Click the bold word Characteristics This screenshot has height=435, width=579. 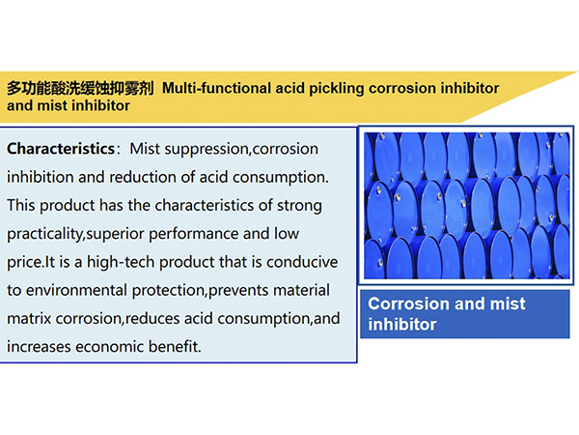pyautogui.click(x=61, y=149)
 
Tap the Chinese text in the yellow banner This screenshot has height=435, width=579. pyautogui.click(x=80, y=88)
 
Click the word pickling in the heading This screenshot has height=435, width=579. pyautogui.click(x=337, y=89)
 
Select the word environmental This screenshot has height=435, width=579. pyautogui.click(x=76, y=290)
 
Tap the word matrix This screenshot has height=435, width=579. pyautogui.click(x=29, y=319)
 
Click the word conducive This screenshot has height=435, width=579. pyautogui.click(x=302, y=262)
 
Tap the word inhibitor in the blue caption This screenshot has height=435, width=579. pyautogui.click(x=402, y=325)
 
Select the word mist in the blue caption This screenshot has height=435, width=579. pyautogui.click(x=508, y=304)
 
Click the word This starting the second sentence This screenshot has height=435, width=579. pyautogui.click(x=21, y=205)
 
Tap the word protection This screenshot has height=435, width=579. pyautogui.click(x=168, y=291)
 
